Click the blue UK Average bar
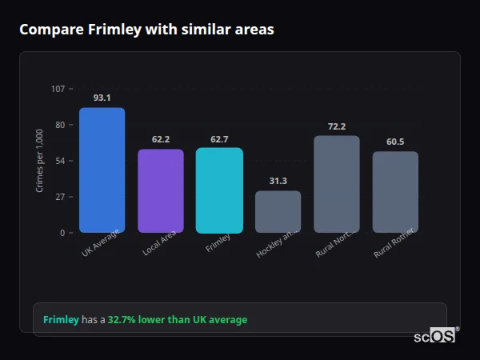pos(102,170)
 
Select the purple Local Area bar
pos(161,191)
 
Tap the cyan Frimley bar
pos(219,190)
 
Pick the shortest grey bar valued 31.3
pos(278,212)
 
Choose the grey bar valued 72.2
pos(336,184)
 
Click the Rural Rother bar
pos(395,192)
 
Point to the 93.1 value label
pos(102,98)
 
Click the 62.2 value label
pos(161,139)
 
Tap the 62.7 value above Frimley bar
pos(219,139)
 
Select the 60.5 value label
pos(395,142)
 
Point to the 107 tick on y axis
pos(58,89)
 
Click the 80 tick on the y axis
pos(59,125)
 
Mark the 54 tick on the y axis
pos(59,161)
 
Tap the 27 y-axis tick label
pos(59,197)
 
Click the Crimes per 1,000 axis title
pos(40,160)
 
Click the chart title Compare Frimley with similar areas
pos(146,30)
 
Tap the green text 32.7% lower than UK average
pos(178,320)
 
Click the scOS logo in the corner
pos(434,336)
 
